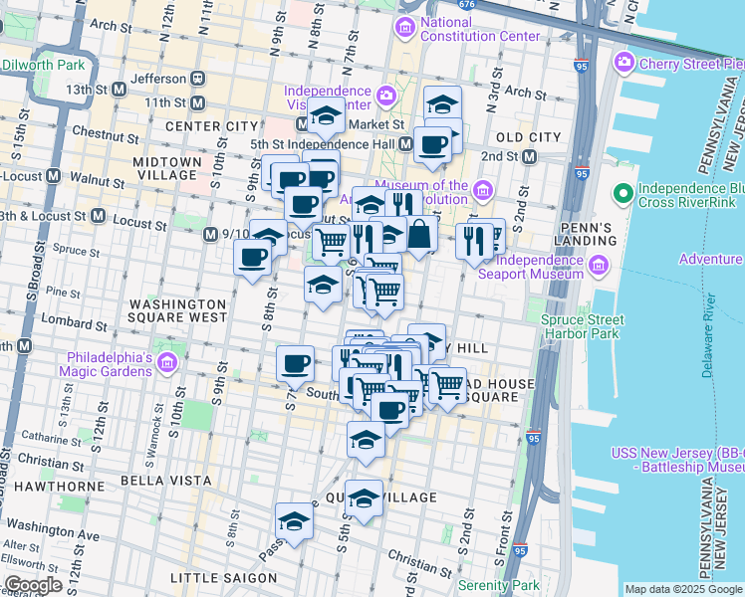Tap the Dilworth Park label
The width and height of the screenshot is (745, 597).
[x=46, y=66]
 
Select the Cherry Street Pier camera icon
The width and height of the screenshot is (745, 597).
[x=624, y=64]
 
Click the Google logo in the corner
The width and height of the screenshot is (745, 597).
[x=32, y=585]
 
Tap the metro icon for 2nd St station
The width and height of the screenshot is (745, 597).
[x=529, y=156]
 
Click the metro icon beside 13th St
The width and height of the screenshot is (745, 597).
[x=119, y=89]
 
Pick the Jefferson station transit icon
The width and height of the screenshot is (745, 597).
[x=198, y=78]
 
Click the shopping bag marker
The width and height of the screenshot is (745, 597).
[x=420, y=235]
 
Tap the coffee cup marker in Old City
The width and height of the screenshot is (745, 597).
[x=432, y=144]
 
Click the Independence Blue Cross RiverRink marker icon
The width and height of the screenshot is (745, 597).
[x=623, y=192]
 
